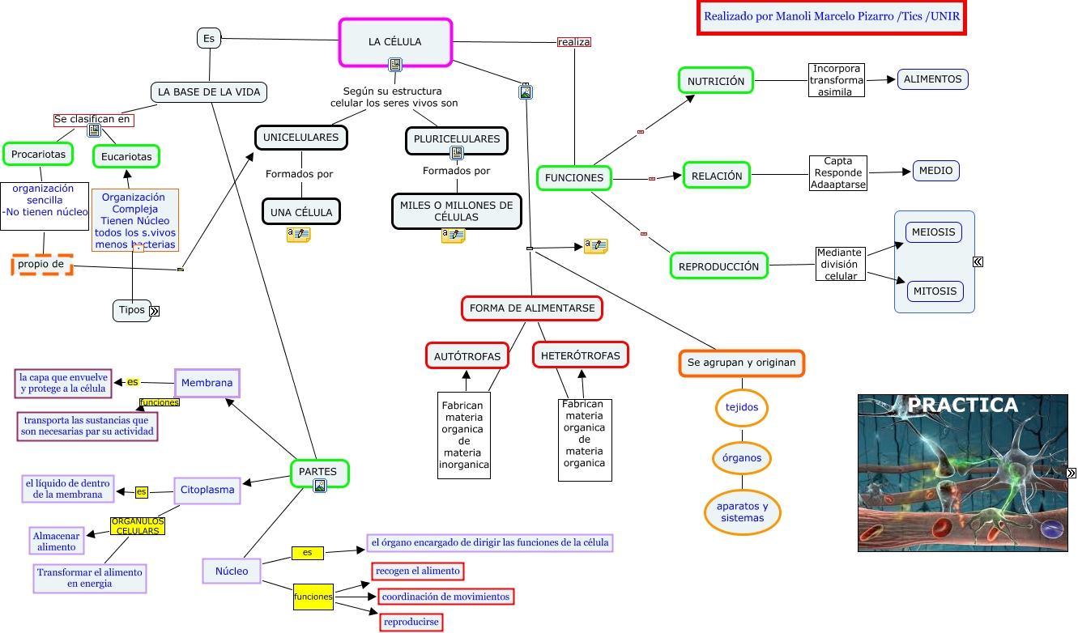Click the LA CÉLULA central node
coord(395,42)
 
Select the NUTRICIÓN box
coord(716,81)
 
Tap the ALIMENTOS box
coord(932,79)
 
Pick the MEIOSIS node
coord(934,232)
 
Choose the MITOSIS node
coord(935,291)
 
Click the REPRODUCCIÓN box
coord(718,266)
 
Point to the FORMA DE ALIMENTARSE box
coord(532,308)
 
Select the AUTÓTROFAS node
coord(467,356)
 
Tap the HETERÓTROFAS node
coord(580,355)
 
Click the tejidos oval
coord(742,407)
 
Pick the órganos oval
coord(742,458)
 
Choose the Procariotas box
coord(38,153)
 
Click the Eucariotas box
coord(126,156)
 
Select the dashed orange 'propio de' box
coord(42,265)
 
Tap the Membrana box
coord(207,383)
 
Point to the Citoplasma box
coord(207,490)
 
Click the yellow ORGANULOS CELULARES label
coord(138,526)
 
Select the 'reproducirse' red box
coord(411,622)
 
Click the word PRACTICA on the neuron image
coord(962,406)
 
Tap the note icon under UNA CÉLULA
coord(298,235)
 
